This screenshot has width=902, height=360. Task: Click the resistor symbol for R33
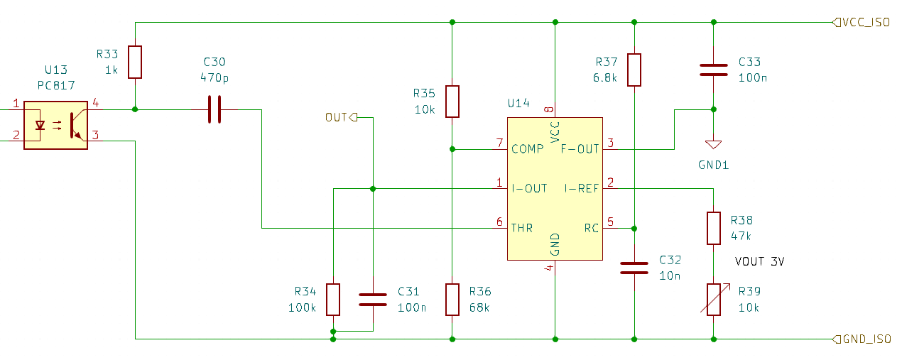[x=135, y=62]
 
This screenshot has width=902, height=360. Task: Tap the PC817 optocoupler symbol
[x=55, y=125]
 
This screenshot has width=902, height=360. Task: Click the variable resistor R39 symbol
[x=713, y=299]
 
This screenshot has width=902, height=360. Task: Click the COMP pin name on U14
[x=528, y=149]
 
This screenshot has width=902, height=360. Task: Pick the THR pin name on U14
[x=522, y=228]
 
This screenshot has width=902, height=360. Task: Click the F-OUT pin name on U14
[x=580, y=149]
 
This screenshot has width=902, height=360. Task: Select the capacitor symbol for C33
[x=713, y=69]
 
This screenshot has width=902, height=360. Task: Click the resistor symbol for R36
[x=452, y=299]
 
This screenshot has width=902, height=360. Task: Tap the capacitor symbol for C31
[x=373, y=299]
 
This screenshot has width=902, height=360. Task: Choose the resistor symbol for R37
[x=634, y=70]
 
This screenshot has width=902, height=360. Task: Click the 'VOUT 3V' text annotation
[x=759, y=262]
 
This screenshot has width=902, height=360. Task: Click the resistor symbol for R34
[x=333, y=299]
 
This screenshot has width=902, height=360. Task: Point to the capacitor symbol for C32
[x=634, y=268]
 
